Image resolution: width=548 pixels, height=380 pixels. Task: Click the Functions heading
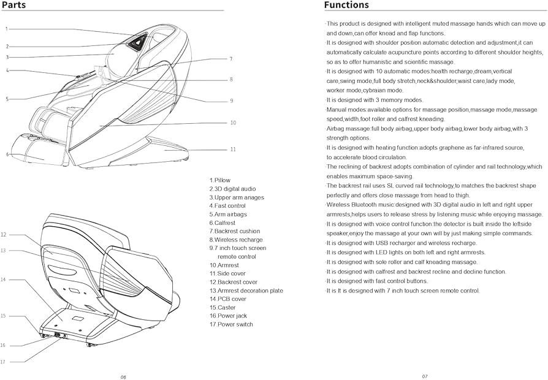(x=346, y=5)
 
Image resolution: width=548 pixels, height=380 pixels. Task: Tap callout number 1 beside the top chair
(x=7, y=29)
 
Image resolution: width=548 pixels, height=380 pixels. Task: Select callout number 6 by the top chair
(x=7, y=154)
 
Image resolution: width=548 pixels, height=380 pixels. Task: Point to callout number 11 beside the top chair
(x=233, y=149)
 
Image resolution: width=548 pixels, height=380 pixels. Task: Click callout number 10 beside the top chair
(x=233, y=123)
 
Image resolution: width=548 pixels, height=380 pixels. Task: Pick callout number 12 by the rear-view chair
(x=4, y=234)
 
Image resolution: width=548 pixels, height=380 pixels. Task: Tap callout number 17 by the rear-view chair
(x=3, y=362)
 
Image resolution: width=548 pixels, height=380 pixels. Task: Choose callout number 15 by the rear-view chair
(x=3, y=316)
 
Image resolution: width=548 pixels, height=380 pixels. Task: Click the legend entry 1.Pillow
(x=220, y=180)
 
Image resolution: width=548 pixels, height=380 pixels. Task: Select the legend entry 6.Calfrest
(x=222, y=222)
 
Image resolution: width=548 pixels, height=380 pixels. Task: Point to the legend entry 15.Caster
(x=222, y=307)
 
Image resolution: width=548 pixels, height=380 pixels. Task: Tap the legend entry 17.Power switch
(x=230, y=324)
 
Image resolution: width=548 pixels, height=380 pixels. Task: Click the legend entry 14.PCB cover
(x=227, y=298)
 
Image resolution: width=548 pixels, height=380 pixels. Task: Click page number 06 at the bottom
(x=123, y=376)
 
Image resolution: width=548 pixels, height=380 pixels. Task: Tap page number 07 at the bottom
(x=424, y=376)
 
